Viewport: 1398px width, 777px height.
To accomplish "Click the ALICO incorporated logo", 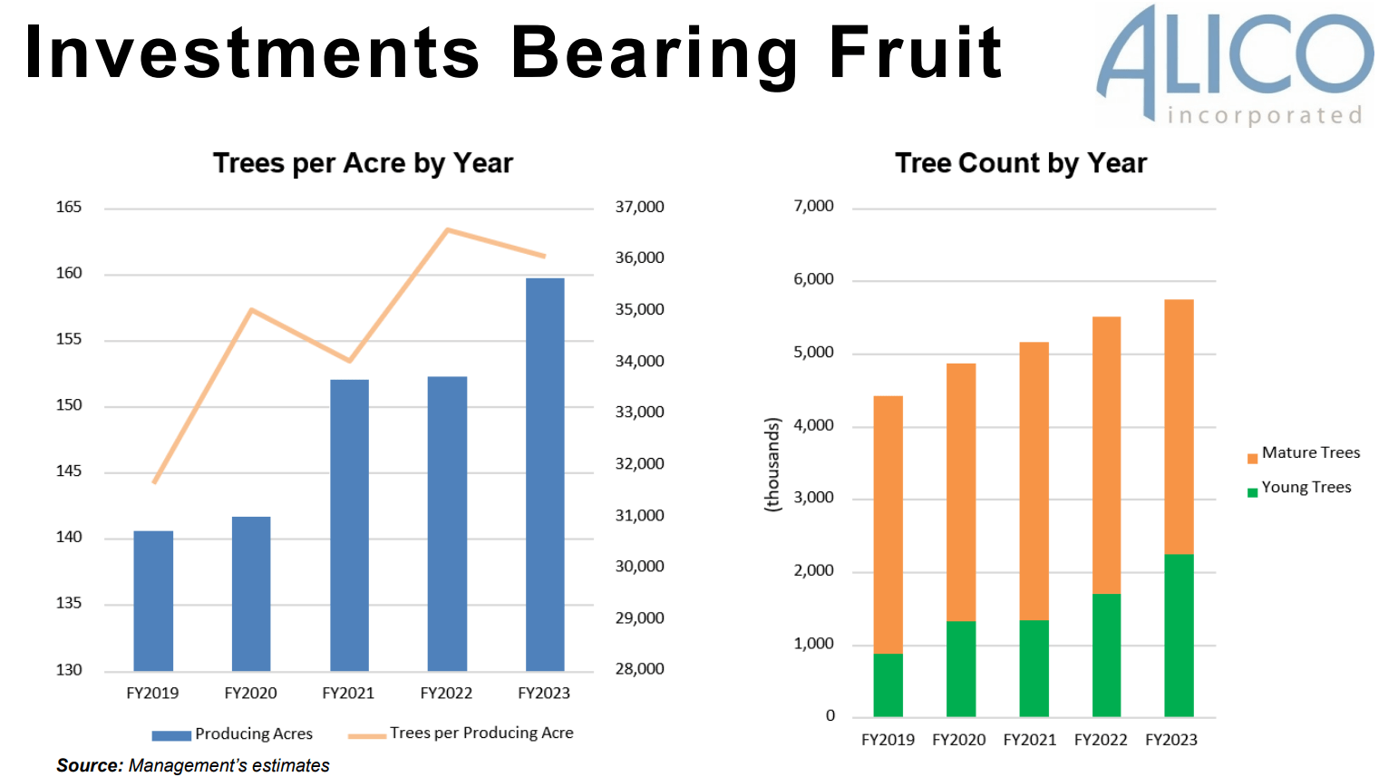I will [x=1235, y=63].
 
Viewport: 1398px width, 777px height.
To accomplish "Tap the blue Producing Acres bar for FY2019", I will [x=153, y=600].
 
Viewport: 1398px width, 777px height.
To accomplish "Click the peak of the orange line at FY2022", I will [x=448, y=230].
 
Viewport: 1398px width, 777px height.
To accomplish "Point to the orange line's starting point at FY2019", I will [x=155, y=481].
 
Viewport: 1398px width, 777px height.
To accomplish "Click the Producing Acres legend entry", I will [x=232, y=734].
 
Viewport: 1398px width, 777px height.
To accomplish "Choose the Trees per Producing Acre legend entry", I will [x=461, y=733].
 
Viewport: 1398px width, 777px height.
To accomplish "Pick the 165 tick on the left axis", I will [x=69, y=208].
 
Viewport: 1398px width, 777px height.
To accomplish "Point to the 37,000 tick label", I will [x=639, y=208].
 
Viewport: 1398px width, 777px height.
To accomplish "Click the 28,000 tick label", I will [x=639, y=669].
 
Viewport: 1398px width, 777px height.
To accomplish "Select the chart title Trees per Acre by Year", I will [x=363, y=163].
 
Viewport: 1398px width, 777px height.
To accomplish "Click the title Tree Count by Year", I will [x=1020, y=163].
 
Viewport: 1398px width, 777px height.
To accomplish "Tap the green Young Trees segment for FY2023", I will [x=1179, y=635].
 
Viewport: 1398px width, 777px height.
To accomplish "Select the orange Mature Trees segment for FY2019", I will [x=888, y=524].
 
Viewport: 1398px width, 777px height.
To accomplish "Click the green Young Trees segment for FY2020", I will [x=961, y=668].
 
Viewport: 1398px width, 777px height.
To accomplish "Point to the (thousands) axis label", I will [x=772, y=465].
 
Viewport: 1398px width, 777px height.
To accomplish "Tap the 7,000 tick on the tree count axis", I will [x=813, y=207].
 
